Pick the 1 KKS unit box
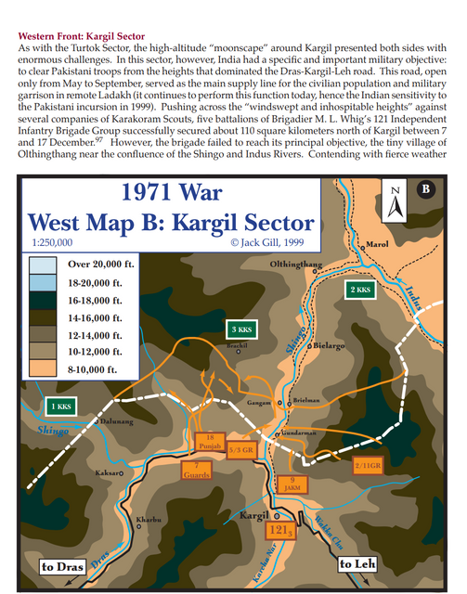60,406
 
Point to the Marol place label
378,245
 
